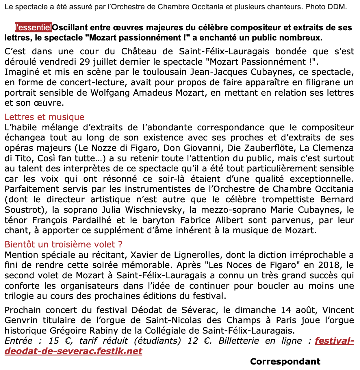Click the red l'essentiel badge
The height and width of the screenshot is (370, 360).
click(33, 28)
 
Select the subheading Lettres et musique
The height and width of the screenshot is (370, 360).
click(44, 117)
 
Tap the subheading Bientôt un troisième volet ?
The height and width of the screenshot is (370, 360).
click(64, 244)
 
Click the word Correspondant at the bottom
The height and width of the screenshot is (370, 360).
click(285, 361)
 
